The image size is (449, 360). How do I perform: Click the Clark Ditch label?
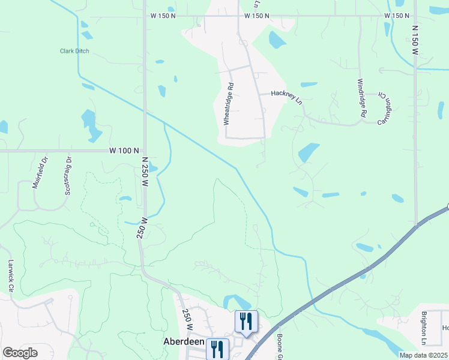tap(74, 51)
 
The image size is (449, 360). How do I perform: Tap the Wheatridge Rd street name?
tap(228, 104)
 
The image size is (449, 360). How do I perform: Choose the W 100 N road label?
tap(124, 151)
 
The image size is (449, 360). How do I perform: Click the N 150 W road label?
tap(415, 40)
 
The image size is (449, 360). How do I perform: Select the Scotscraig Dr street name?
tap(68, 175)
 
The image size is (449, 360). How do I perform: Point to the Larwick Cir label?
tap(11, 275)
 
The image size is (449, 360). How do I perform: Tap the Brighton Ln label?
tap(424, 328)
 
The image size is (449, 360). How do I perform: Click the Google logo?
tap(20, 353)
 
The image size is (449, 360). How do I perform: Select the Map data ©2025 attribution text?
tap(423, 355)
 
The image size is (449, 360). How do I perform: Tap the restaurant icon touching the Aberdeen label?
tap(217, 349)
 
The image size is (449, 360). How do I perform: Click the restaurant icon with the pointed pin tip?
tap(246, 322)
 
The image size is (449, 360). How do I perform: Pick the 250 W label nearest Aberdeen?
tap(187, 319)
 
